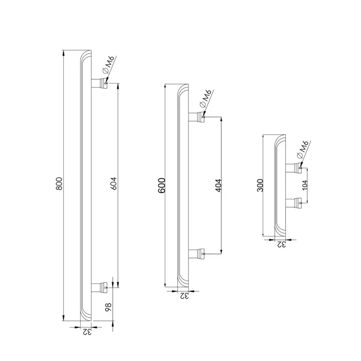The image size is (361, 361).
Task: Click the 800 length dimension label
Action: coord(59,184)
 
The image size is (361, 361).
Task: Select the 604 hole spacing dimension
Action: coord(114,184)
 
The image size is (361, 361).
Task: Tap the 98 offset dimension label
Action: coord(108,307)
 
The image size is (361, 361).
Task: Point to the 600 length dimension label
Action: coord(162,185)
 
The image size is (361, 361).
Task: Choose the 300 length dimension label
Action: coord(260,185)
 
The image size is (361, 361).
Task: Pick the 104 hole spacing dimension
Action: coord(305,185)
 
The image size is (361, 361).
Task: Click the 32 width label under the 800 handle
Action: coord(87,332)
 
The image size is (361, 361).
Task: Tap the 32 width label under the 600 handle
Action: coord(184,296)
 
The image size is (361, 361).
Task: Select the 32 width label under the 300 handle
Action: coord(281,244)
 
